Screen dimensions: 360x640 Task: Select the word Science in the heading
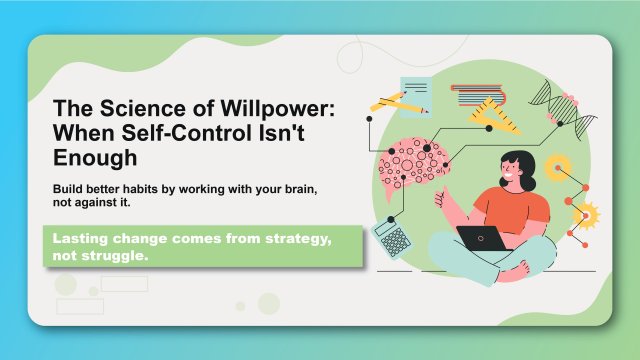click(125, 108)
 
